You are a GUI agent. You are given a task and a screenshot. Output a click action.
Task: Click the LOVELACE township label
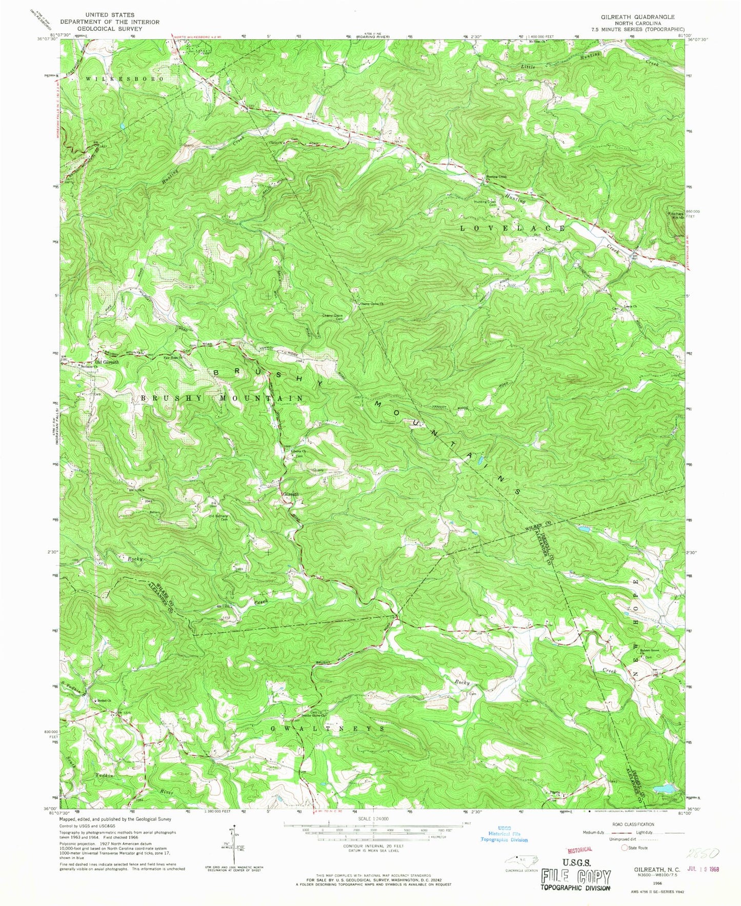(x=512, y=228)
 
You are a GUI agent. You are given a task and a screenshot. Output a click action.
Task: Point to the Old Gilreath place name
(x=107, y=362)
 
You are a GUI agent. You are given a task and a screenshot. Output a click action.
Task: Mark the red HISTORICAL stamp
(x=579, y=850)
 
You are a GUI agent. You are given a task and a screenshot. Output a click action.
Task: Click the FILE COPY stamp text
(x=575, y=876)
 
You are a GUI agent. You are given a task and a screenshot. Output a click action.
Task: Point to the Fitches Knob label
(x=676, y=215)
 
